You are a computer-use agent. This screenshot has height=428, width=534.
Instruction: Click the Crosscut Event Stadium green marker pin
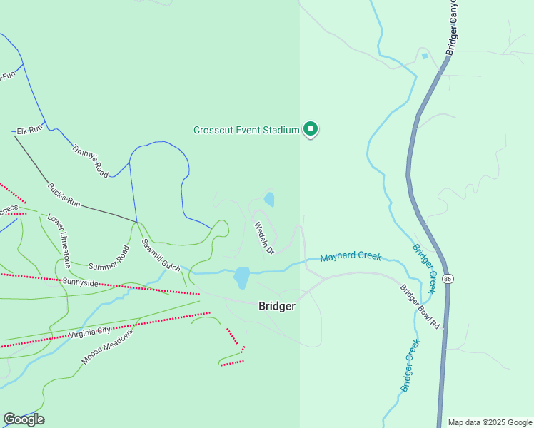311,128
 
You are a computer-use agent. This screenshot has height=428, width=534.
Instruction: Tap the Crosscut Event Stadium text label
246,130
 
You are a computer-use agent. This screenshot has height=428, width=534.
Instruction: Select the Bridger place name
276,305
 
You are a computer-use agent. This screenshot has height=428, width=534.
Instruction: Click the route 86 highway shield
447,277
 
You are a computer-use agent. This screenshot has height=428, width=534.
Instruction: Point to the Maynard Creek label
351,257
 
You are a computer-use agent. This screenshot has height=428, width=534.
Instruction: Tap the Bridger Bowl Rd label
420,307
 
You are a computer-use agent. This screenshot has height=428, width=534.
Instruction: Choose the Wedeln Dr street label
264,238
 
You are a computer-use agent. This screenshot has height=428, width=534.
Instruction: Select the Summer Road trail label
109,258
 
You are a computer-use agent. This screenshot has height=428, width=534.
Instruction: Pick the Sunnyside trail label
80,282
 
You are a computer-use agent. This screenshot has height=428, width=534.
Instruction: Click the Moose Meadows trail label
107,347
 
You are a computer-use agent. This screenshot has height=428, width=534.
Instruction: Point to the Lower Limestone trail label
59,235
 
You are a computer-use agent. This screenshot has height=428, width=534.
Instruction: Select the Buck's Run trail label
64,195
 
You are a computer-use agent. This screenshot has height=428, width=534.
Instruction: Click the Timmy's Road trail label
90,160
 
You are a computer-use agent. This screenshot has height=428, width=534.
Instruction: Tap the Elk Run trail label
30,129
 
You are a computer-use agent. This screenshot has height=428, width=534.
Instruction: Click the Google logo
24,419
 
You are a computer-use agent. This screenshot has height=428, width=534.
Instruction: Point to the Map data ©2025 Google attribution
490,422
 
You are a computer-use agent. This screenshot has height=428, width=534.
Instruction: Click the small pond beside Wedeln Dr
269,199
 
